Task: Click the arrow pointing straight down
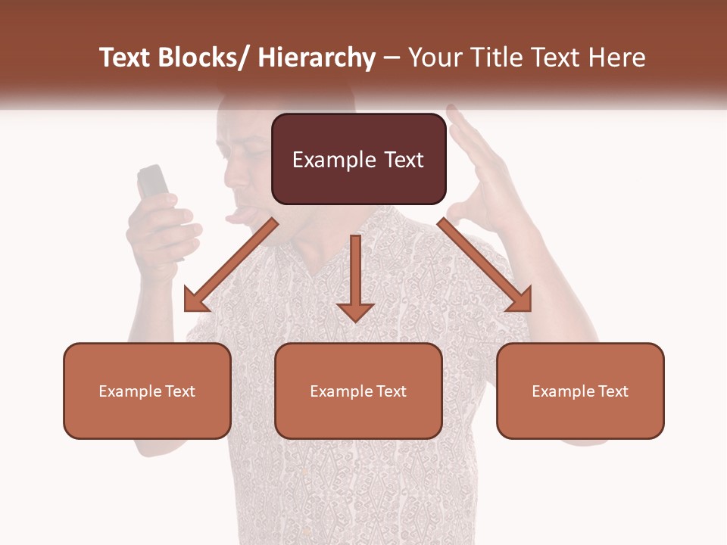(355, 280)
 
